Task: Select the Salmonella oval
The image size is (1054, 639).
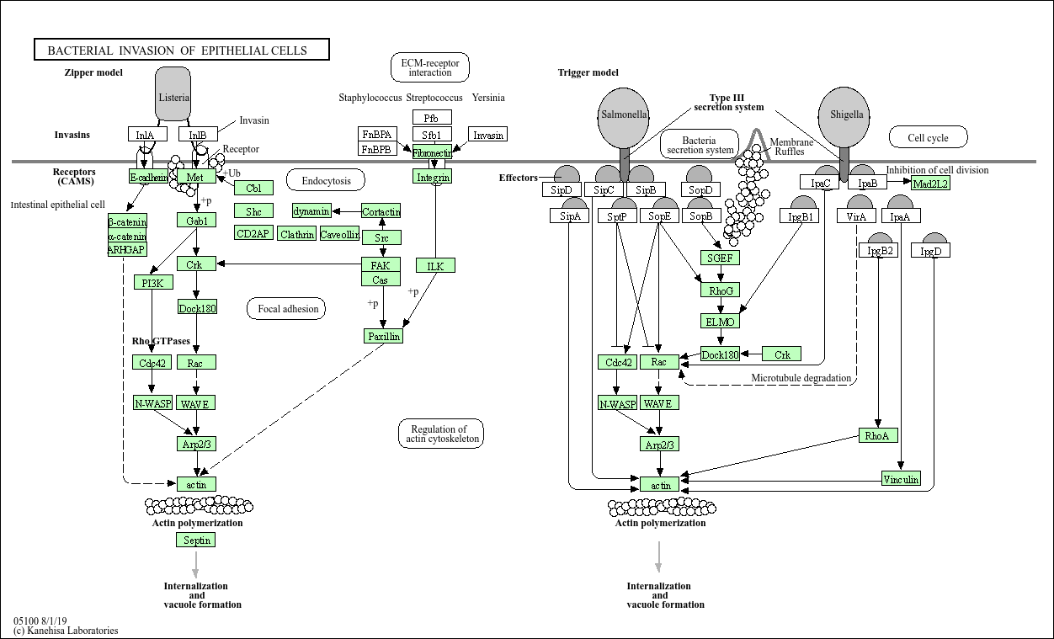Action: [624, 114]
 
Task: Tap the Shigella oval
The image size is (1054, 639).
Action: [844, 114]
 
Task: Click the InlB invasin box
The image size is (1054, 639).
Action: [198, 135]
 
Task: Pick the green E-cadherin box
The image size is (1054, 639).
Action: [148, 177]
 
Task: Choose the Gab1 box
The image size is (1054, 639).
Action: [196, 220]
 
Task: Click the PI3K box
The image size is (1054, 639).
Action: [152, 282]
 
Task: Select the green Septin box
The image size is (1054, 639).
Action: [196, 540]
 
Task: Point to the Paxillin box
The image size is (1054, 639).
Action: [383, 336]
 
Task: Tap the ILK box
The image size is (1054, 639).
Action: [434, 266]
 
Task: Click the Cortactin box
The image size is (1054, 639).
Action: [381, 211]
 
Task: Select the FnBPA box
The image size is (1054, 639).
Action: [377, 135]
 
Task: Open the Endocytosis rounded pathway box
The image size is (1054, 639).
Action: [326, 180]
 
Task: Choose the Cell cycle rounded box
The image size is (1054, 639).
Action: [928, 137]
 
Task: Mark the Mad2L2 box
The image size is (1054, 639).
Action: [930, 184]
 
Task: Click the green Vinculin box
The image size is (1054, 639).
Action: [901, 479]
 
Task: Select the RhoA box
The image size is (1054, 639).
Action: [878, 435]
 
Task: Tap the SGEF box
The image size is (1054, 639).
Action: [720, 258]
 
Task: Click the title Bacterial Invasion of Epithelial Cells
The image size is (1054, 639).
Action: [181, 51]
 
